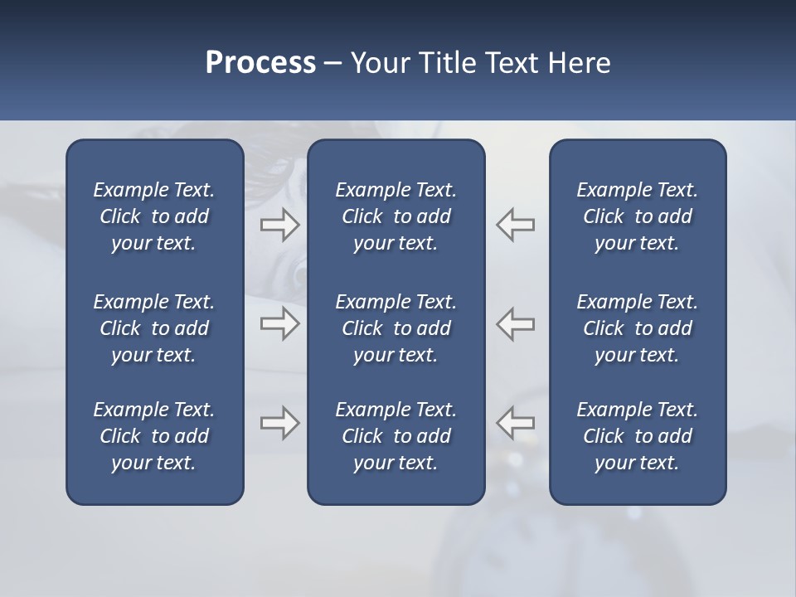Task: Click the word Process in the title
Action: [x=260, y=63]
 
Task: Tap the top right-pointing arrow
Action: [x=279, y=225]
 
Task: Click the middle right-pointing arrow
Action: [x=279, y=323]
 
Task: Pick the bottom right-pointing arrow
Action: [x=279, y=423]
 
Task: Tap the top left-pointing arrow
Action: [x=516, y=225]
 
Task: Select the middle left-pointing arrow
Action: [x=516, y=323]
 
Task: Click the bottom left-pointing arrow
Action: [x=516, y=423]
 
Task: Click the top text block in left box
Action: [x=154, y=216]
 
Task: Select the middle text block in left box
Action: [x=154, y=328]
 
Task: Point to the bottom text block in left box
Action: [x=154, y=436]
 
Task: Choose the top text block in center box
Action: [x=396, y=216]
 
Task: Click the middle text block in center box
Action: [x=396, y=328]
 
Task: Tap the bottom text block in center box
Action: [x=396, y=436]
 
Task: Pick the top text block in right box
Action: [x=637, y=216]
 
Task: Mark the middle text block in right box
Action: [x=637, y=328]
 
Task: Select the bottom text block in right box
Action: [x=637, y=436]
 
